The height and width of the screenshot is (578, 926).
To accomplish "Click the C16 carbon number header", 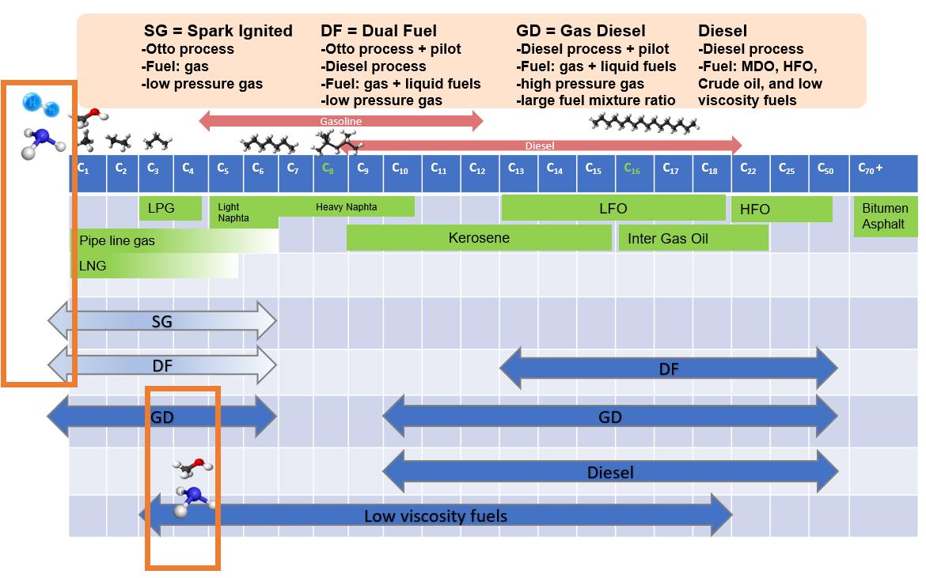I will (x=632, y=168).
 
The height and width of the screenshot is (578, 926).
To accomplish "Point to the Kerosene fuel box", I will (x=479, y=238).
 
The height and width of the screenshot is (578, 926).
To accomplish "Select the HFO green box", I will (x=781, y=210).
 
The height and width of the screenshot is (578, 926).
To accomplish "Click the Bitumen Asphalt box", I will (x=885, y=217).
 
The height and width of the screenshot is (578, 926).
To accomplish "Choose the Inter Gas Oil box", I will (x=693, y=238).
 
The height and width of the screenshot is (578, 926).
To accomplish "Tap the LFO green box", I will (x=613, y=208).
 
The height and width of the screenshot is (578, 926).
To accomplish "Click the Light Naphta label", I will (x=230, y=213).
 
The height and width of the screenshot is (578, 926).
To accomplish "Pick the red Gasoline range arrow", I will (x=340, y=121).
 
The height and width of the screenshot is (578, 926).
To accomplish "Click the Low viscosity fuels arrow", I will (x=435, y=516).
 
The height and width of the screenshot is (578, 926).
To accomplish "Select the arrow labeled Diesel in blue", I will (x=610, y=473).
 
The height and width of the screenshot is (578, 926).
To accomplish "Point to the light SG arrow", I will (x=161, y=322).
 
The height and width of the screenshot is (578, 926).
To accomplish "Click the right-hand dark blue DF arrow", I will (x=668, y=368).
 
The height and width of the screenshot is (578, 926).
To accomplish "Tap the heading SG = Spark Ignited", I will (x=218, y=31).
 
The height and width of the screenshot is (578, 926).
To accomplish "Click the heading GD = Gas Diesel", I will (x=580, y=31).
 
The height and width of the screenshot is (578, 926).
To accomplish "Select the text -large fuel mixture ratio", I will (x=595, y=100).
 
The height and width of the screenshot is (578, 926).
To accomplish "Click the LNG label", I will (x=93, y=266).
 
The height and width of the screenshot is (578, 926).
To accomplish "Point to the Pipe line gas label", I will (x=117, y=240).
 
